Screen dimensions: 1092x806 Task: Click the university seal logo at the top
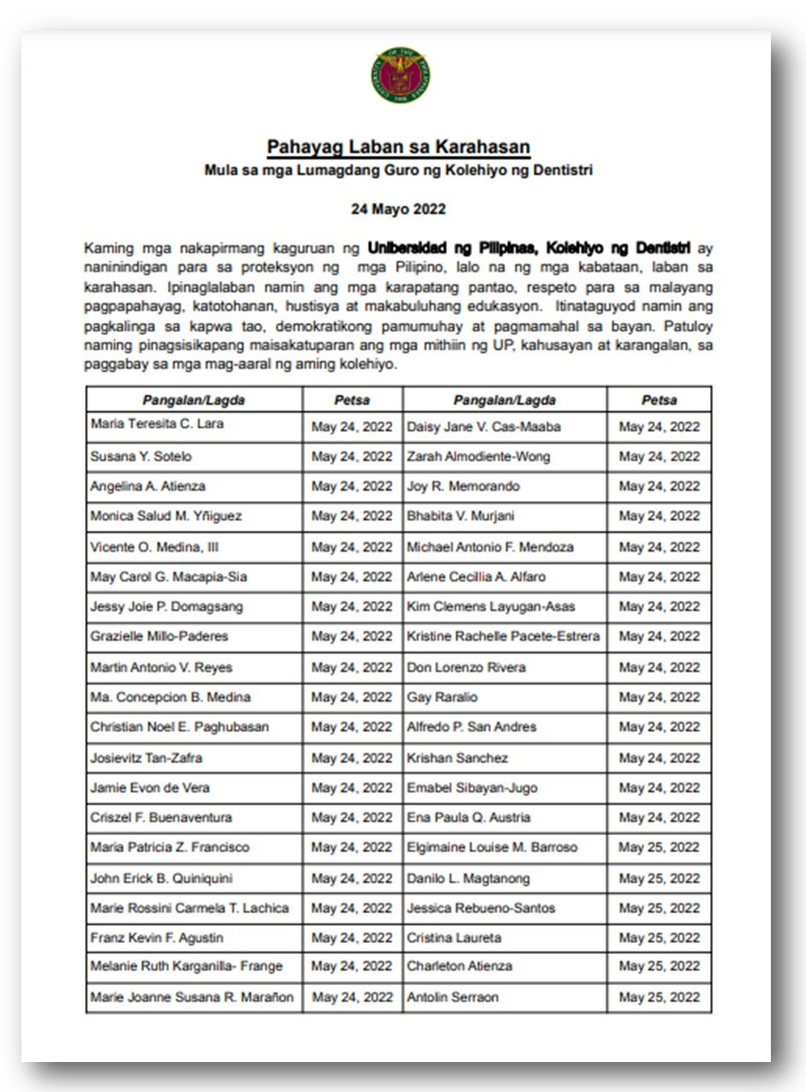coord(401,76)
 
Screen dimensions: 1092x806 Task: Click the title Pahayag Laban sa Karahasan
coord(398,147)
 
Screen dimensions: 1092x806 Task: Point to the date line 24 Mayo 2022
coord(398,209)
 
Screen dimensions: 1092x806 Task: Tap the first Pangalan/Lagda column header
coord(194,400)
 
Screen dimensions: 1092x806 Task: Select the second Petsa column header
coord(659,400)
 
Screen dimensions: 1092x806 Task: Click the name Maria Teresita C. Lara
coord(158,424)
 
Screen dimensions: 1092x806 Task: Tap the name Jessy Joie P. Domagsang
coord(166,606)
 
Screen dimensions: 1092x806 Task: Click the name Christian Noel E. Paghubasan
coord(180,727)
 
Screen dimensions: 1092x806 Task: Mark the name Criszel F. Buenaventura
coord(161,817)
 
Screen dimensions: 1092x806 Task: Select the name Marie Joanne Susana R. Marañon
coord(192,997)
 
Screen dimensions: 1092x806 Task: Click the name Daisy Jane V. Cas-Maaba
coord(484,427)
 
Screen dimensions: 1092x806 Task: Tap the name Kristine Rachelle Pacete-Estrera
coord(504,636)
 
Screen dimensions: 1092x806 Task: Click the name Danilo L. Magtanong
coord(469,878)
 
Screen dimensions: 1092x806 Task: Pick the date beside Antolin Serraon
coord(659,997)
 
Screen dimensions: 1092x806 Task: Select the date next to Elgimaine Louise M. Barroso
coord(659,847)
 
